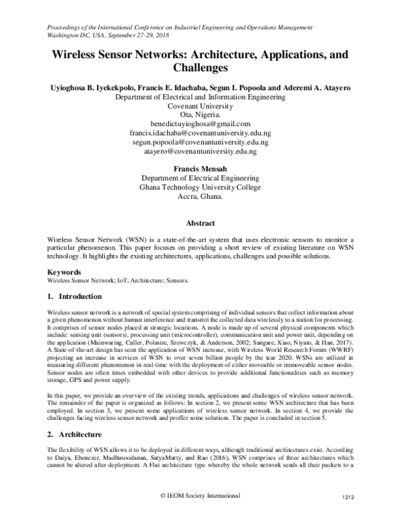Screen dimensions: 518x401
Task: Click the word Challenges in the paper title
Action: pyautogui.click(x=200, y=67)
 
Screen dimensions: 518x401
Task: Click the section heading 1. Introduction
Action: pyautogui.click(x=74, y=296)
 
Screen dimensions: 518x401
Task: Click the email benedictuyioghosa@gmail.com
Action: pyautogui.click(x=200, y=124)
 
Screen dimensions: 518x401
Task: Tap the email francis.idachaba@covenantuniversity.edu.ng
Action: pyautogui.click(x=200, y=134)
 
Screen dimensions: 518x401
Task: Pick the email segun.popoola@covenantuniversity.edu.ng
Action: pyautogui.click(x=200, y=143)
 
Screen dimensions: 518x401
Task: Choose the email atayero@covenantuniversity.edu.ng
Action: pyautogui.click(x=200, y=152)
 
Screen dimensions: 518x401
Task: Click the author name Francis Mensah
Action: pyautogui.click(x=200, y=170)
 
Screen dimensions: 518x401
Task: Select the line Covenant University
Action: pyautogui.click(x=200, y=105)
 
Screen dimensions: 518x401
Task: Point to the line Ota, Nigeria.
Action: pyautogui.click(x=200, y=115)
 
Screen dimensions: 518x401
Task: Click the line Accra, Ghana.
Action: pyautogui.click(x=200, y=198)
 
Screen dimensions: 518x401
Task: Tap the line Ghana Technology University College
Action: pyautogui.click(x=200, y=188)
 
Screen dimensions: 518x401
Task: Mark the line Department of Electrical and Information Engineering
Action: pyautogui.click(x=200, y=96)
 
